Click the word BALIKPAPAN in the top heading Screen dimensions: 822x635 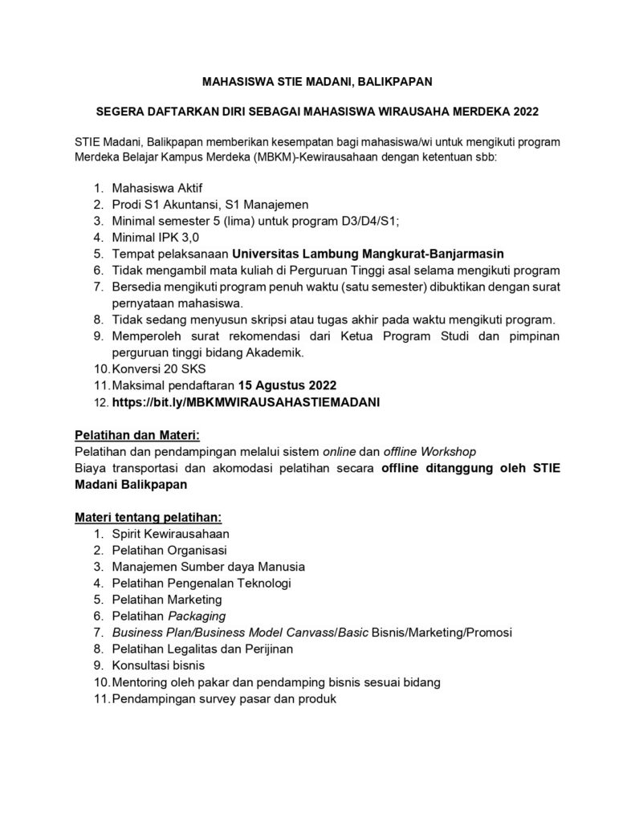click(x=391, y=81)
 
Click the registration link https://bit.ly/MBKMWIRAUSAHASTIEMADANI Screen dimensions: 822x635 click(x=246, y=401)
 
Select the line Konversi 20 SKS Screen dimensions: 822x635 click(x=149, y=368)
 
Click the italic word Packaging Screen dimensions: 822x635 click(x=197, y=616)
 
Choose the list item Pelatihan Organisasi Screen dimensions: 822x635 click(x=170, y=550)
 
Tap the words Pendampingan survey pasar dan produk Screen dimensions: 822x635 click(x=224, y=698)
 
